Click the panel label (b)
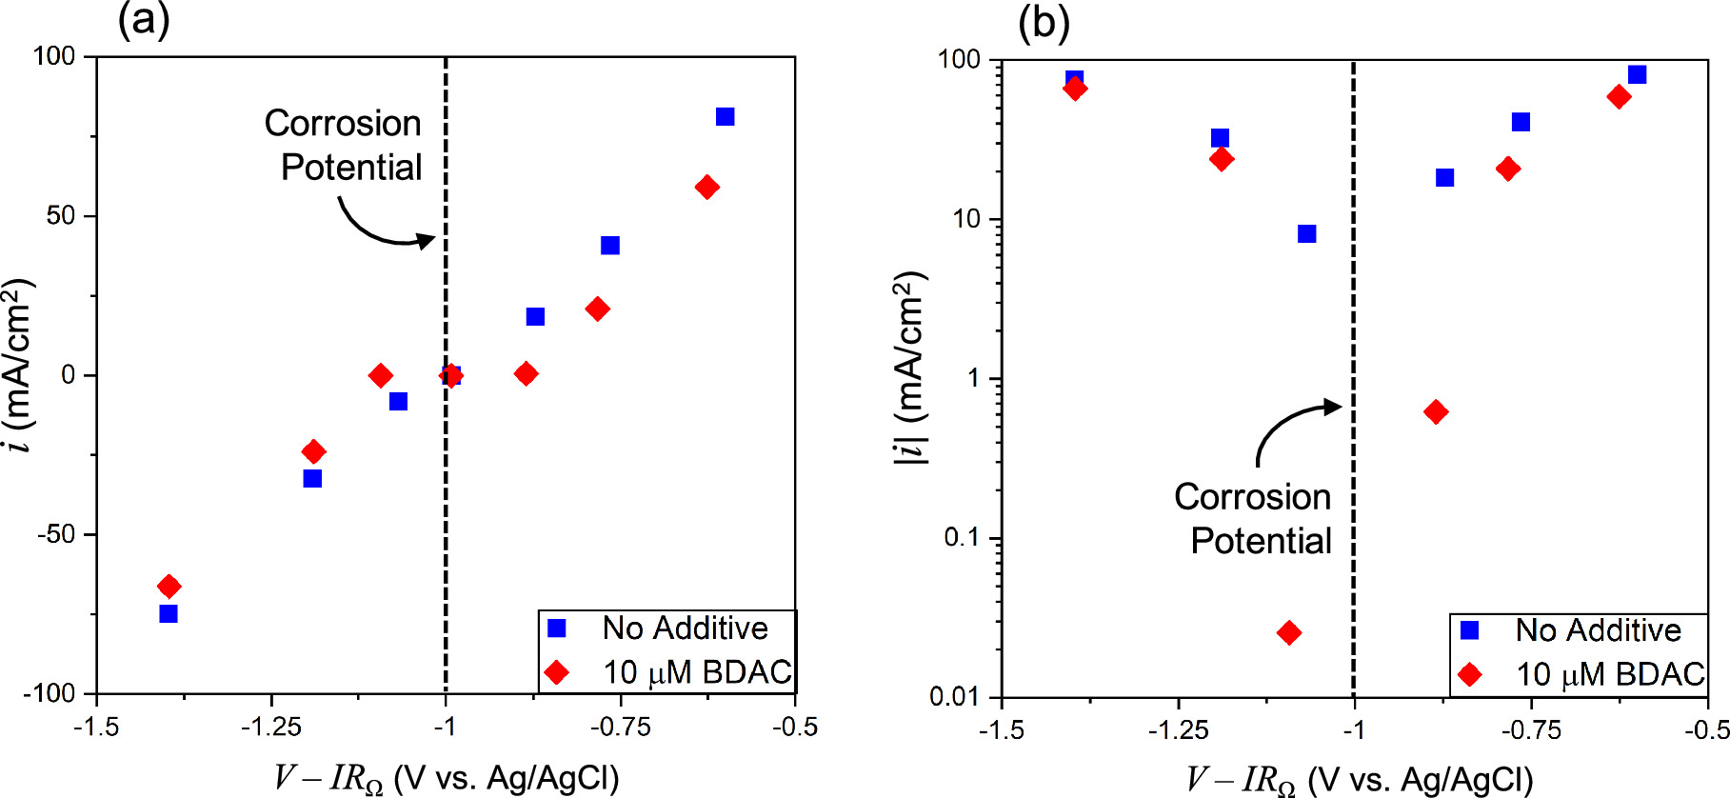(x=1044, y=22)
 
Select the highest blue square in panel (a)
(x=725, y=116)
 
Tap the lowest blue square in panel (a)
(x=169, y=613)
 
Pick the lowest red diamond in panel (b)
(x=1289, y=632)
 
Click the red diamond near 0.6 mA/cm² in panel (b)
(x=1436, y=411)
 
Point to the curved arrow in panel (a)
(x=381, y=227)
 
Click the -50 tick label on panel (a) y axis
(x=56, y=534)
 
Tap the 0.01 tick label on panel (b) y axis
(x=954, y=697)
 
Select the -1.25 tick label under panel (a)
(x=271, y=728)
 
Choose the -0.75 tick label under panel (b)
(x=1531, y=730)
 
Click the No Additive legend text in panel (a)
(x=685, y=628)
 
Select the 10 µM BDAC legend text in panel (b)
(x=1609, y=674)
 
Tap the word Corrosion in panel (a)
(x=343, y=123)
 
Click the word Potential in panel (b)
(x=1261, y=541)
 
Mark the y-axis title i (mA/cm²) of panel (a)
(x=19, y=367)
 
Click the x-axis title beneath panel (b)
(x=1359, y=779)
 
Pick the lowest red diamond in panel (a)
(x=169, y=586)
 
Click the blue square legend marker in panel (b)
(x=1469, y=630)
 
